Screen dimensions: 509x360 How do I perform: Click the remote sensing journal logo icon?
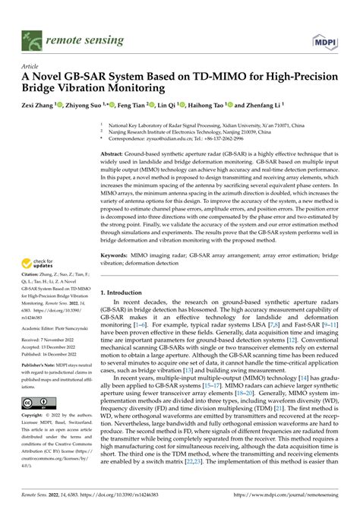pos(30,37)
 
